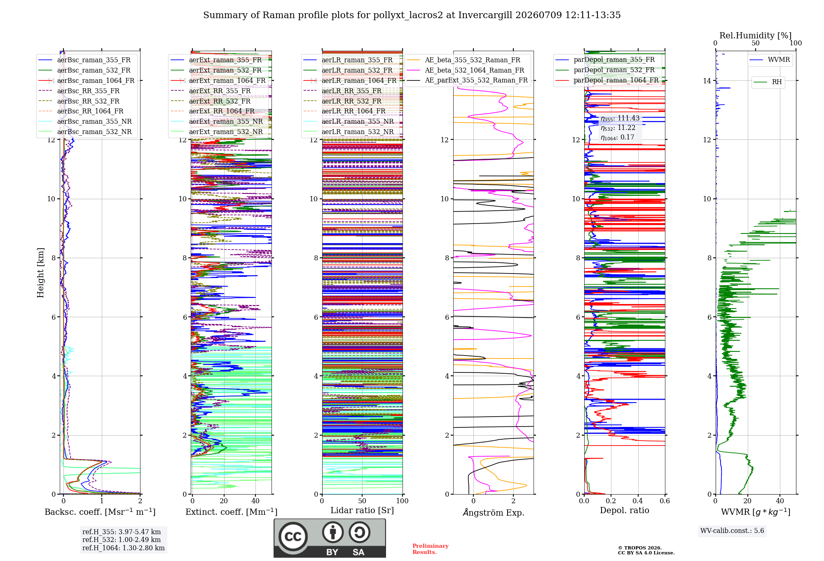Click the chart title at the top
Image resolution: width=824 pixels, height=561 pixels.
pos(412,15)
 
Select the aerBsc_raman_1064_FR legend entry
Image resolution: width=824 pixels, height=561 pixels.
pos(87,80)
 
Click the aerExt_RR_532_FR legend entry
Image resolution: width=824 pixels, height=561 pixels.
pos(211,101)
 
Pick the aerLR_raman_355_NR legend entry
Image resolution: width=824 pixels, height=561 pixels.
pos(349,121)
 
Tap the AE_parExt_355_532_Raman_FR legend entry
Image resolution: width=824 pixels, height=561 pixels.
pos(467,80)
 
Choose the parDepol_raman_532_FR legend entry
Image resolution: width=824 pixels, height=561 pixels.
pos(605,70)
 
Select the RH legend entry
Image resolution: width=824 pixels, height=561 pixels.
pos(768,82)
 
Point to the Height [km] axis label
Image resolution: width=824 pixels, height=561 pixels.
pos(40,273)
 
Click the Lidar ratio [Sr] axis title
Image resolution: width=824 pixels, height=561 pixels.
pos(362,511)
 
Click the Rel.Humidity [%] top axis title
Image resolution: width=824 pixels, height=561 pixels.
pos(756,35)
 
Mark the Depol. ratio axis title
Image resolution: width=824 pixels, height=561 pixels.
pos(625,511)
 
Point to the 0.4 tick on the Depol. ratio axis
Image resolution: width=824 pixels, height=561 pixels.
pos(638,501)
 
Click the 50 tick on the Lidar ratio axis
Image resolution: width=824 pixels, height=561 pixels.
pos(362,501)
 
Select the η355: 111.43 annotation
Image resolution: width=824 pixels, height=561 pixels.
pos(620,118)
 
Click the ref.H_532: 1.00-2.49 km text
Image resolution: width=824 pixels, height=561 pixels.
pos(122,540)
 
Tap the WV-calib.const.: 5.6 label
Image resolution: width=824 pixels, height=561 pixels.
pos(732,531)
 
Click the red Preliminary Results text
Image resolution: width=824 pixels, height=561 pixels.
pos(430,549)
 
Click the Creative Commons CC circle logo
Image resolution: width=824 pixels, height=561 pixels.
pos(293,536)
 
